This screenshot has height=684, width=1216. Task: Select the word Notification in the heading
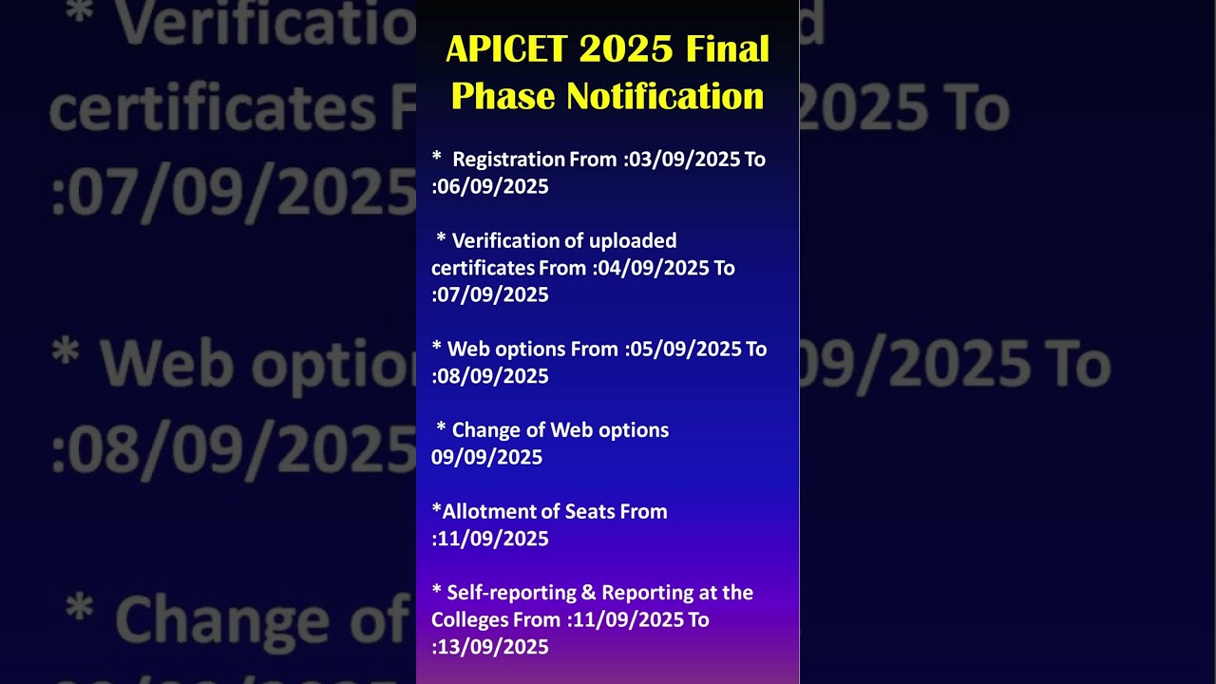665,96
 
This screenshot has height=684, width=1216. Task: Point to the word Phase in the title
503,96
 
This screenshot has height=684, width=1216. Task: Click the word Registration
508,159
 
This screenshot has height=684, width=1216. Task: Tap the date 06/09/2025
493,186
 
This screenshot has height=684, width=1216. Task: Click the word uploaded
633,240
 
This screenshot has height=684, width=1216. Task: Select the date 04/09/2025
654,268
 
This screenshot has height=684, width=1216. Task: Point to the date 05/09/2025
686,349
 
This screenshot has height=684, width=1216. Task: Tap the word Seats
590,511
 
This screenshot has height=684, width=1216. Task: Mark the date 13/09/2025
493,647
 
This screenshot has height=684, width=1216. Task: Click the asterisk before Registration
437,157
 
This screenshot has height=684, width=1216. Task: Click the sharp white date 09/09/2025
486,457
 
